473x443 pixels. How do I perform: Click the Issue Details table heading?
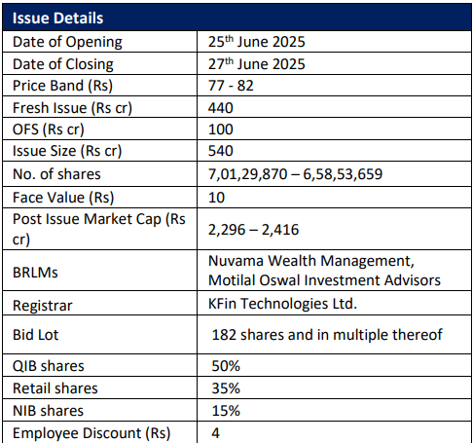click(57, 18)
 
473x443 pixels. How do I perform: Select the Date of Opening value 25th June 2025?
click(257, 41)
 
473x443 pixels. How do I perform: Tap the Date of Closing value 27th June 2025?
click(257, 63)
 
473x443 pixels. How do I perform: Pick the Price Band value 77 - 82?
click(231, 86)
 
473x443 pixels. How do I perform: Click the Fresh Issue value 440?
click(221, 108)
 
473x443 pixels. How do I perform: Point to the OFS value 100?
click(221, 129)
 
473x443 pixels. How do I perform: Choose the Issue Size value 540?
click(221, 151)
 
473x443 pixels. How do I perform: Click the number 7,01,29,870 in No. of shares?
click(248, 174)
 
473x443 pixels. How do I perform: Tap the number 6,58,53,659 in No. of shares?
click(343, 174)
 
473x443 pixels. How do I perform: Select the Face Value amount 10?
click(216, 198)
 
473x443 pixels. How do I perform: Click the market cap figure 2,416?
click(280, 230)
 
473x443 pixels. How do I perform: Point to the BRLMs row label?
click(35, 273)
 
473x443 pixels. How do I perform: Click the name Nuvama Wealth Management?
click(310, 261)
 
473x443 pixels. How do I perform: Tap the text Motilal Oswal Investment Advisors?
click(324, 280)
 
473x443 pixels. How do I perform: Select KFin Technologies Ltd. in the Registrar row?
click(282, 304)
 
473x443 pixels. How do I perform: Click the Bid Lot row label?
click(36, 335)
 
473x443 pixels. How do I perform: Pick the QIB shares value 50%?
click(226, 366)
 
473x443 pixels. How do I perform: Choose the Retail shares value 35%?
click(226, 388)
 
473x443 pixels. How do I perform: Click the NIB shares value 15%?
click(226, 411)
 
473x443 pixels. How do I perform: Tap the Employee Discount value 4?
click(216, 433)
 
